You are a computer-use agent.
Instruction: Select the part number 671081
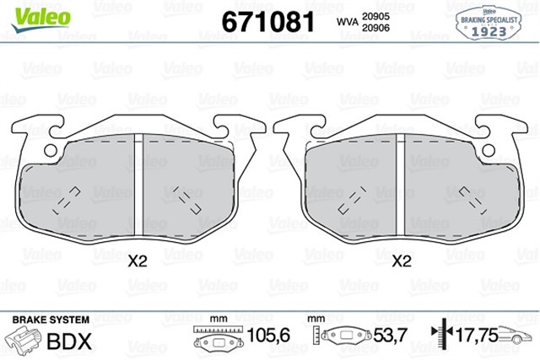click(x=267, y=21)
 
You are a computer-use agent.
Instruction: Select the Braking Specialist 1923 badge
click(x=490, y=21)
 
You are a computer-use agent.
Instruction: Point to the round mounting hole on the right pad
click(x=488, y=151)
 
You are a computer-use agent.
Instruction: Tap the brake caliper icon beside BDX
click(x=26, y=341)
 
